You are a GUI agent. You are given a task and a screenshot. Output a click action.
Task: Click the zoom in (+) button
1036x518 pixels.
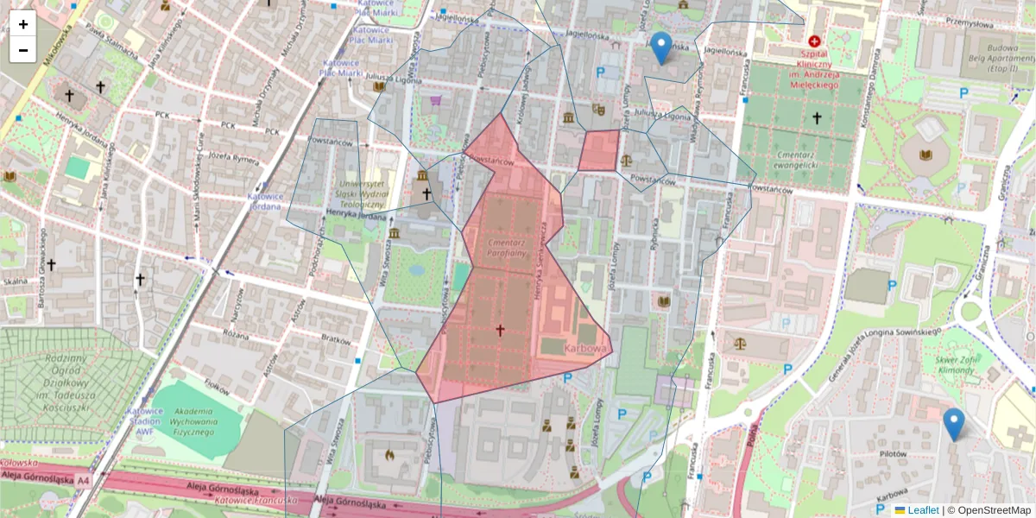click(x=23, y=24)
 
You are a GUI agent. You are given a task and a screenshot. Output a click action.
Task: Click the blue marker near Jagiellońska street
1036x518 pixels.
click(x=661, y=47)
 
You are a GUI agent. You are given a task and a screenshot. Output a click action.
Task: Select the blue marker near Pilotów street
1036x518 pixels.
click(x=953, y=424)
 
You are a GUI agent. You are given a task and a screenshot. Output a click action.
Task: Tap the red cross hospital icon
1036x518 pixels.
click(x=813, y=41)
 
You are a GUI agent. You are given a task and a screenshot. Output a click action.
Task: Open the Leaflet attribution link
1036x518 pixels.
click(x=922, y=510)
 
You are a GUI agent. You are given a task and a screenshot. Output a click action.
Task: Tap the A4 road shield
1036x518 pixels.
click(x=83, y=479)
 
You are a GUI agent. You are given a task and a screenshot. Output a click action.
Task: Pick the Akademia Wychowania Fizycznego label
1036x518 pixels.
click(x=182, y=423)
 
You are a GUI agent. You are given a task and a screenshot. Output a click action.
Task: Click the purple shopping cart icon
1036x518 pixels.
click(x=436, y=100)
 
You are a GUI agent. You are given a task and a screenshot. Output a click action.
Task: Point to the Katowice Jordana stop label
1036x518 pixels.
click(x=265, y=202)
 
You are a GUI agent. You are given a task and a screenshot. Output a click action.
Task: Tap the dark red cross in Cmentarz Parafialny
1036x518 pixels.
click(x=500, y=329)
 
